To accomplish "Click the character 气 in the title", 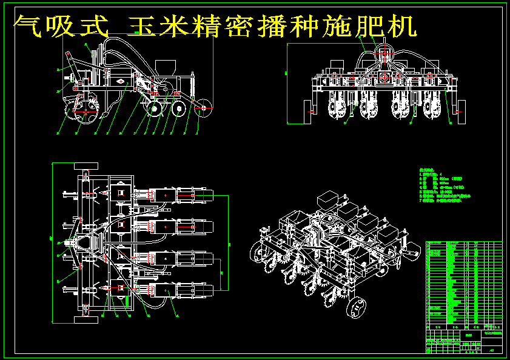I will point(28,27).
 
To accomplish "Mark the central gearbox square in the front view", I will point(383,78).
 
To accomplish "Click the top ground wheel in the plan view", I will point(86,165).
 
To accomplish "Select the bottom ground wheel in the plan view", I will point(86,319).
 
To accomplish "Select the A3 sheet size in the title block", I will point(491,350).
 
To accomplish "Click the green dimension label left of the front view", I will point(285,73).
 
